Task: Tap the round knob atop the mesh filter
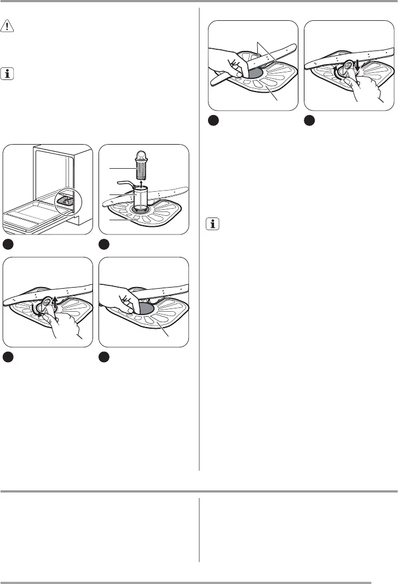(142, 154)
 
